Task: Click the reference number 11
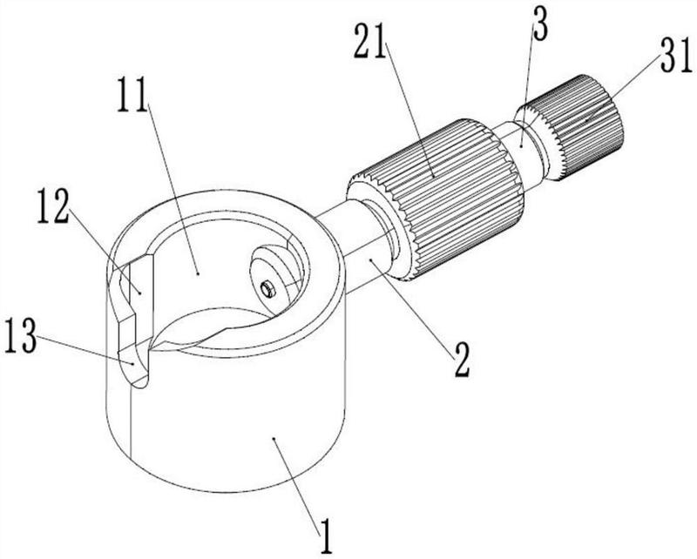[132, 94]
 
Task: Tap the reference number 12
[53, 205]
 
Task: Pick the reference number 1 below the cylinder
[326, 535]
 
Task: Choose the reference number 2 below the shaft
[462, 360]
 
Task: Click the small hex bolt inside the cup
[267, 289]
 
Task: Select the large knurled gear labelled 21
[436, 200]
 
